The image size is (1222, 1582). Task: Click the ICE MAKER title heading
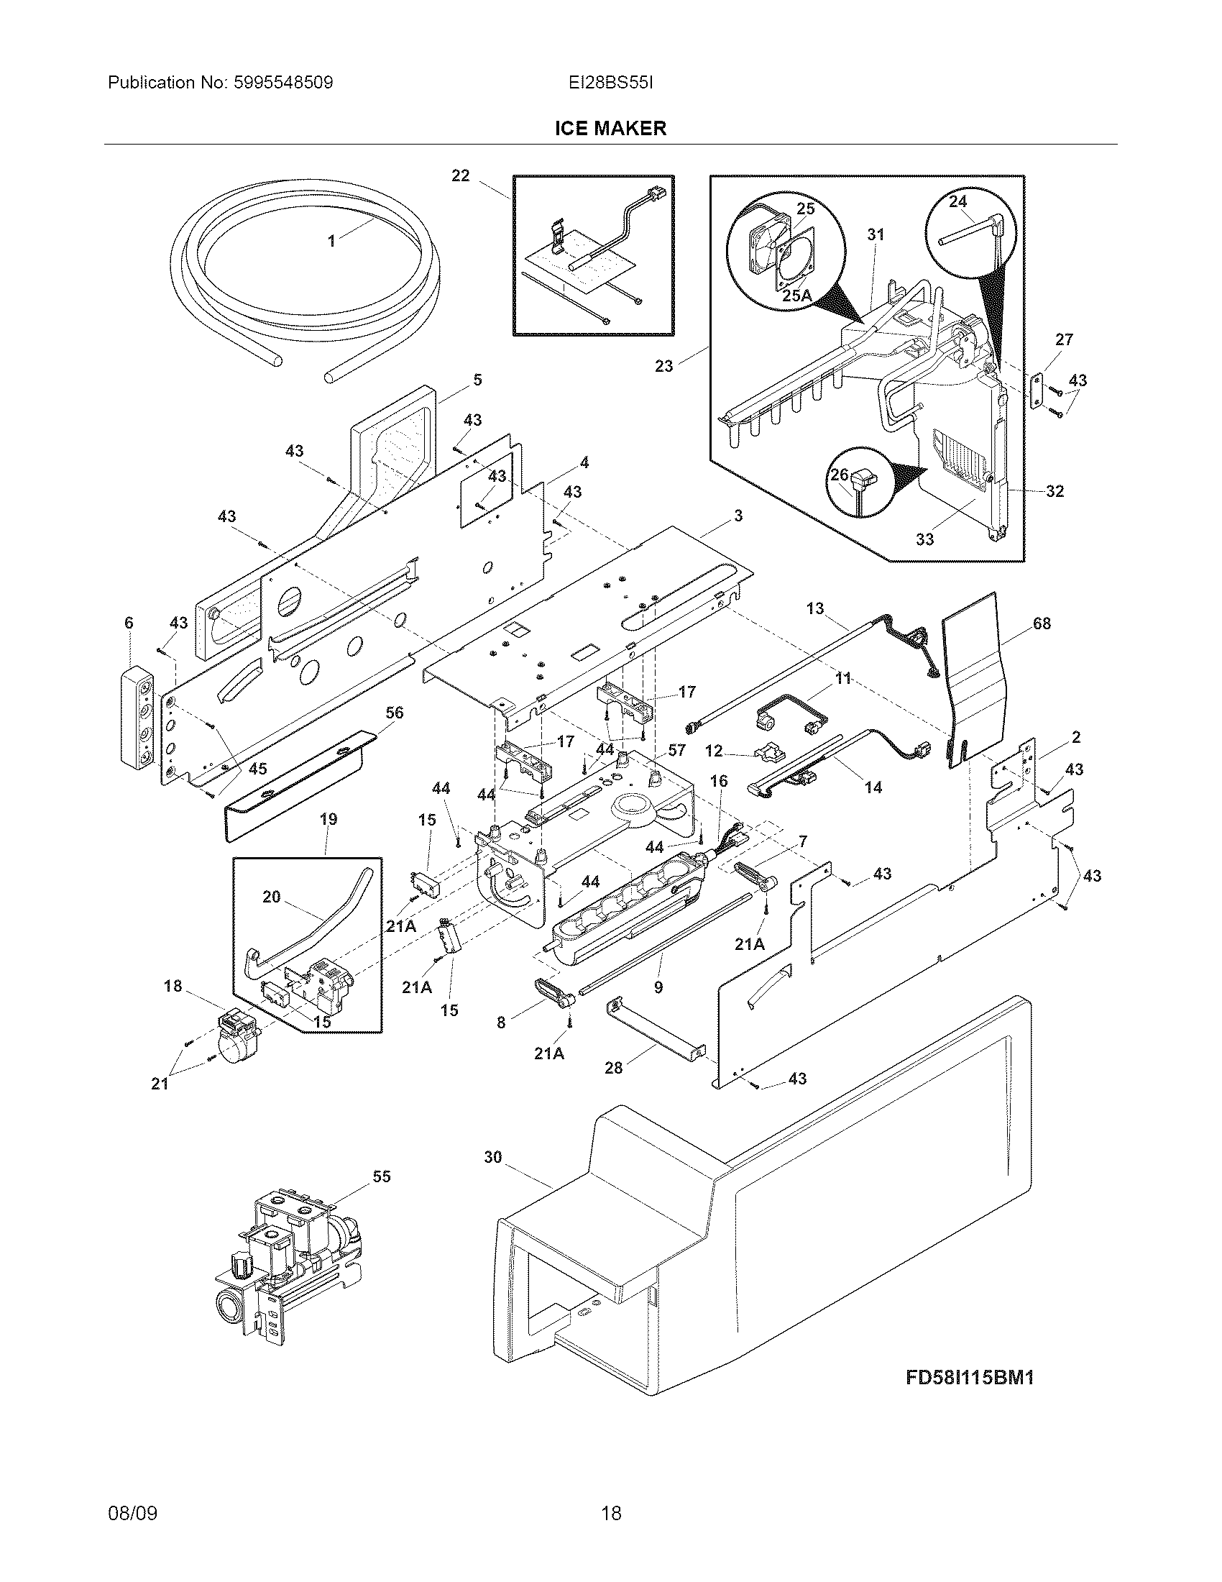pyautogui.click(x=610, y=128)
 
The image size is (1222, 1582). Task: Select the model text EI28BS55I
pyautogui.click(x=610, y=83)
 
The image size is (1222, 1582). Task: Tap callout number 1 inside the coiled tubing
pyautogui.click(x=331, y=241)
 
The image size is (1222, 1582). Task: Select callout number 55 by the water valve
pyautogui.click(x=381, y=1176)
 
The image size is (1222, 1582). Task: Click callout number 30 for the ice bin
pyautogui.click(x=492, y=1157)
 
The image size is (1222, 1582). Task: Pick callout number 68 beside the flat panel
pyautogui.click(x=1041, y=623)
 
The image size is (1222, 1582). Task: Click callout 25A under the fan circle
pyautogui.click(x=796, y=296)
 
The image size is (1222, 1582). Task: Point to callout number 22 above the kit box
pyautogui.click(x=461, y=175)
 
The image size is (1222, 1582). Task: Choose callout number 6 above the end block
pyautogui.click(x=129, y=622)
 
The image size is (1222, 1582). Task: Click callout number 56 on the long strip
pyautogui.click(x=394, y=713)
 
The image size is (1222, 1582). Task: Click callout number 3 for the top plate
pyautogui.click(x=738, y=516)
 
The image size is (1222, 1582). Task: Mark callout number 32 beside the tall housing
pyautogui.click(x=1055, y=491)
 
